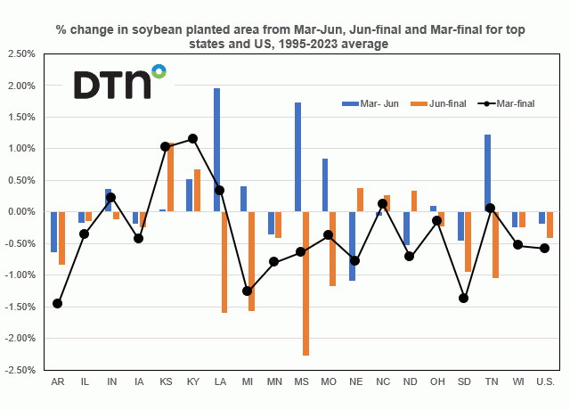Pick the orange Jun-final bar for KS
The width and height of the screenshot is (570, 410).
click(169, 177)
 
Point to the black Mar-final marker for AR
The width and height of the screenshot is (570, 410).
click(57, 303)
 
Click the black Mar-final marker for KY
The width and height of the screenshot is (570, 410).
click(192, 138)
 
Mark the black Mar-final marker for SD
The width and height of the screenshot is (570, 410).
click(463, 298)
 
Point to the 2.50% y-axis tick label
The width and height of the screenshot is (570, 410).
click(19, 54)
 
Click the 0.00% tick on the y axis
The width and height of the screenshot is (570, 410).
click(19, 212)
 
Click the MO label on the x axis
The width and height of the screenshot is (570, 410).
click(328, 382)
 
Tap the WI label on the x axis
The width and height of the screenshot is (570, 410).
click(517, 382)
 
